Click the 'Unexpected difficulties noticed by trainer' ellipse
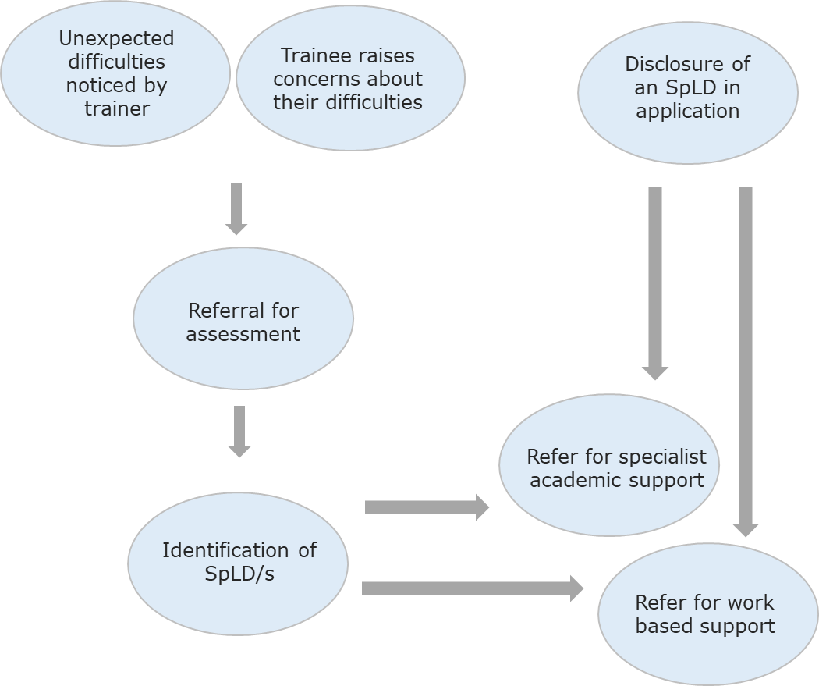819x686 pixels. pyautogui.click(x=115, y=73)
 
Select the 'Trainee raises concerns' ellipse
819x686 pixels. pyautogui.click(x=350, y=78)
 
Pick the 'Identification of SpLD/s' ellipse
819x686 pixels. pyautogui.click(x=238, y=562)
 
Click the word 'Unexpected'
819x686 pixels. pyautogui.click(x=116, y=38)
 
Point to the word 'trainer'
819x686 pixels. pyautogui.click(x=116, y=108)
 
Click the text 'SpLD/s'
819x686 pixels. pyautogui.click(x=239, y=574)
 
